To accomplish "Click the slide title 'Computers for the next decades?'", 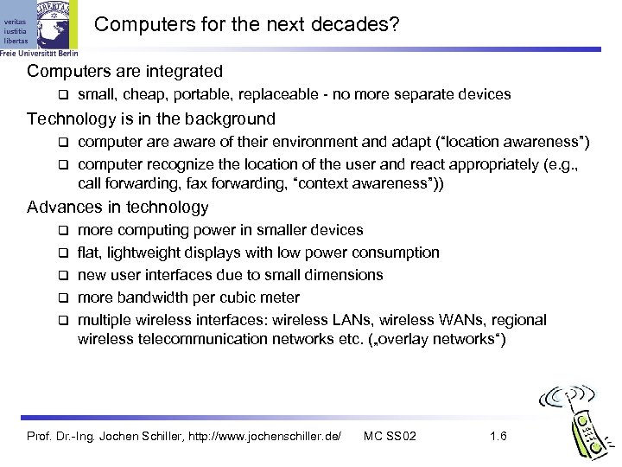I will click(x=247, y=27).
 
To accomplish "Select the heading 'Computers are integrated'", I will click(x=125, y=71).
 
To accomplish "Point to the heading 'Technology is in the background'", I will click(x=151, y=118).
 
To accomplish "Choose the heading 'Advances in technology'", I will click(x=117, y=207).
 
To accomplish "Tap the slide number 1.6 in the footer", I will click(x=498, y=435).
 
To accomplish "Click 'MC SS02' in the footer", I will click(x=390, y=435).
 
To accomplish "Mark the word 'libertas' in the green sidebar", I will click(x=16, y=41).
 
